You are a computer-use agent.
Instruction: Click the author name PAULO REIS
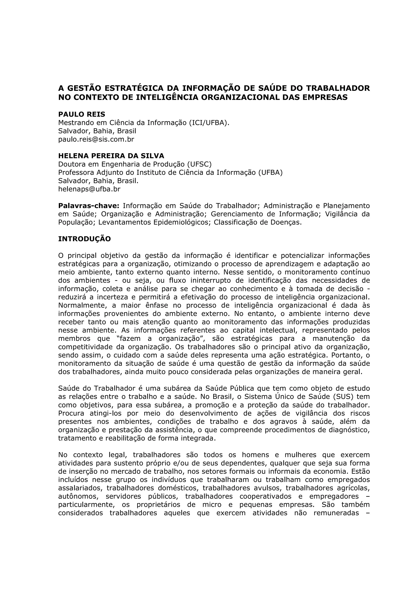pyautogui.click(x=82, y=114)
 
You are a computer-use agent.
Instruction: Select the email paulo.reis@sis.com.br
pyautogui.click(x=96, y=139)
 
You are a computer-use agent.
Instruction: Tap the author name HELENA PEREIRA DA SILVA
pyautogui.click(x=111, y=156)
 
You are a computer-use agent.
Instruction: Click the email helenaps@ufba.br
pyautogui.click(x=89, y=189)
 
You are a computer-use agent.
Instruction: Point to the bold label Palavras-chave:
pyautogui.click(x=89, y=206)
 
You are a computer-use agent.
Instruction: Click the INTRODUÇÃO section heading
pyautogui.click(x=84, y=239)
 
